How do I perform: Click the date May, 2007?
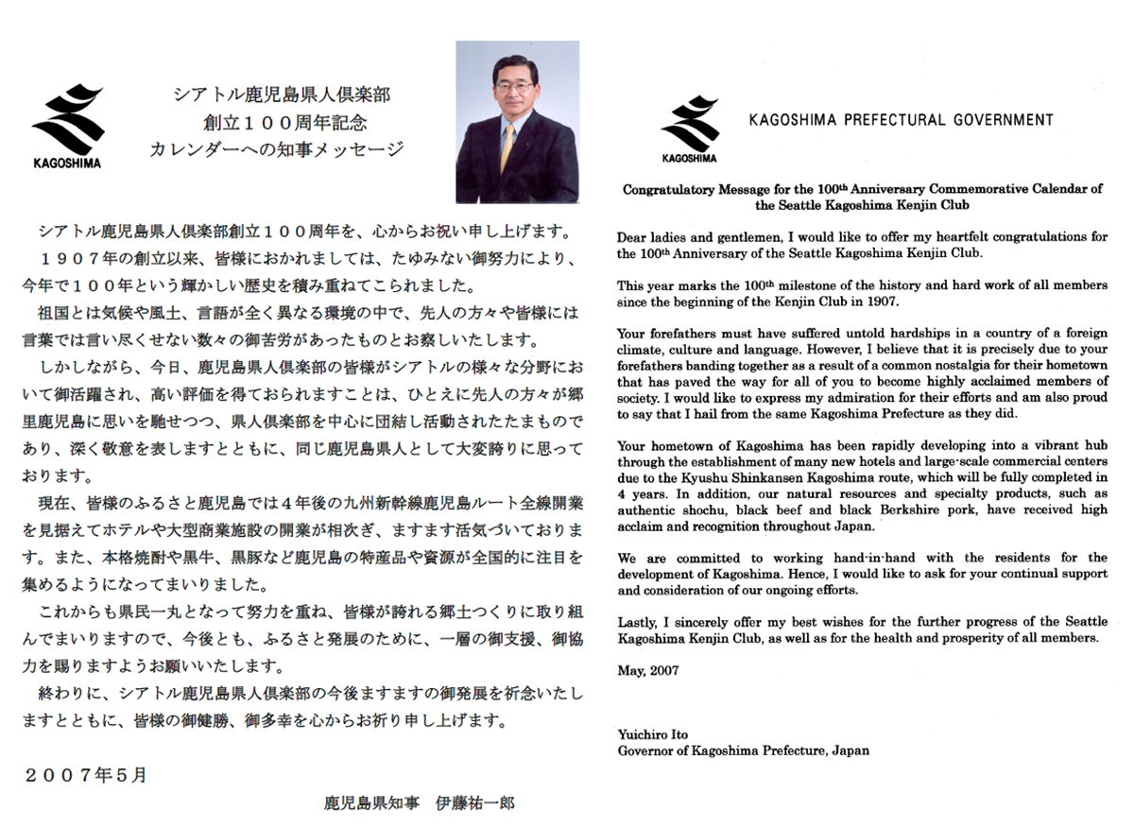click(x=644, y=671)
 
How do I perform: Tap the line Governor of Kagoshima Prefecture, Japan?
click(x=743, y=751)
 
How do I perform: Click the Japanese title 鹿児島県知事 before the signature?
click(x=365, y=804)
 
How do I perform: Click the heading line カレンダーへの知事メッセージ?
click(x=277, y=148)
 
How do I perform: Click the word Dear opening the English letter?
click(x=632, y=236)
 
